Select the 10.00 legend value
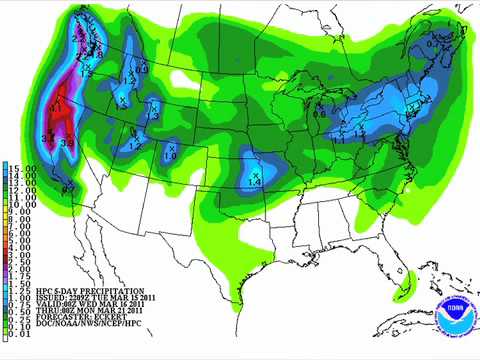(x=19, y=204)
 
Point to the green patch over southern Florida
(x=411, y=275)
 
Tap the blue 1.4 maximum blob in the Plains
(x=253, y=173)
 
